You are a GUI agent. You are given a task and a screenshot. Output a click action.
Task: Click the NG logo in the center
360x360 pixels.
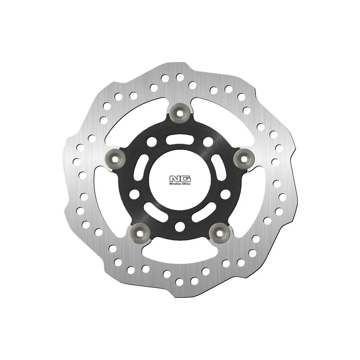180,179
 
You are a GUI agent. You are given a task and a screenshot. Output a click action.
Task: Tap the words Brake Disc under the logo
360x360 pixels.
180,184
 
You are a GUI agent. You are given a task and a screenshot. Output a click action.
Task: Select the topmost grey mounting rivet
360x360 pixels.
180,112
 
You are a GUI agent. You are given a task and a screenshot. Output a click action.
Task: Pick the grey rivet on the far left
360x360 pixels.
115,158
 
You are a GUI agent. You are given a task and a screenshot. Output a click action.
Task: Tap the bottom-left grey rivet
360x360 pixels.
140,233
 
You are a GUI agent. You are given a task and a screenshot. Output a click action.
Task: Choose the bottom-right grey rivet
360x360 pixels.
220,233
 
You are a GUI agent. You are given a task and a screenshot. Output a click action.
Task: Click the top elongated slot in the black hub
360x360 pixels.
180,140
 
